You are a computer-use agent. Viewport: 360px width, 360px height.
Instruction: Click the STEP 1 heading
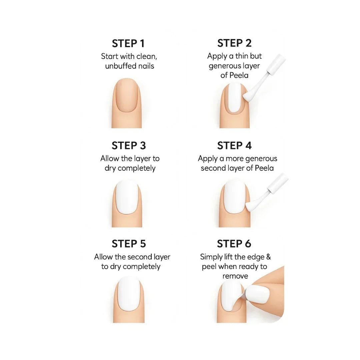coord(128,44)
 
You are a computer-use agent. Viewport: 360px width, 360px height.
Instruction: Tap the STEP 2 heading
coord(234,43)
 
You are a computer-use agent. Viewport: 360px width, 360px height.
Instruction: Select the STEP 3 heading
coord(129,146)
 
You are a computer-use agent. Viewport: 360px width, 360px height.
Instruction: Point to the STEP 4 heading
coord(234,146)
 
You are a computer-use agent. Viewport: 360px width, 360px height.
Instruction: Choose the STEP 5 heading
coord(129,244)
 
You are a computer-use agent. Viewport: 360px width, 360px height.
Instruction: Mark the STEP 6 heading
coord(234,244)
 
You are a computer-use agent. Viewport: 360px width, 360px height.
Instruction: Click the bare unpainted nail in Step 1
coord(127,95)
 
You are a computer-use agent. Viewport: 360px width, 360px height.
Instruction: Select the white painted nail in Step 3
coord(127,197)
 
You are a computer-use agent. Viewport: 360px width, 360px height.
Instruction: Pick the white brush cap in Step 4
coord(278,183)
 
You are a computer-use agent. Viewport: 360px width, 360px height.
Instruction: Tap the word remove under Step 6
coord(235,276)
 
